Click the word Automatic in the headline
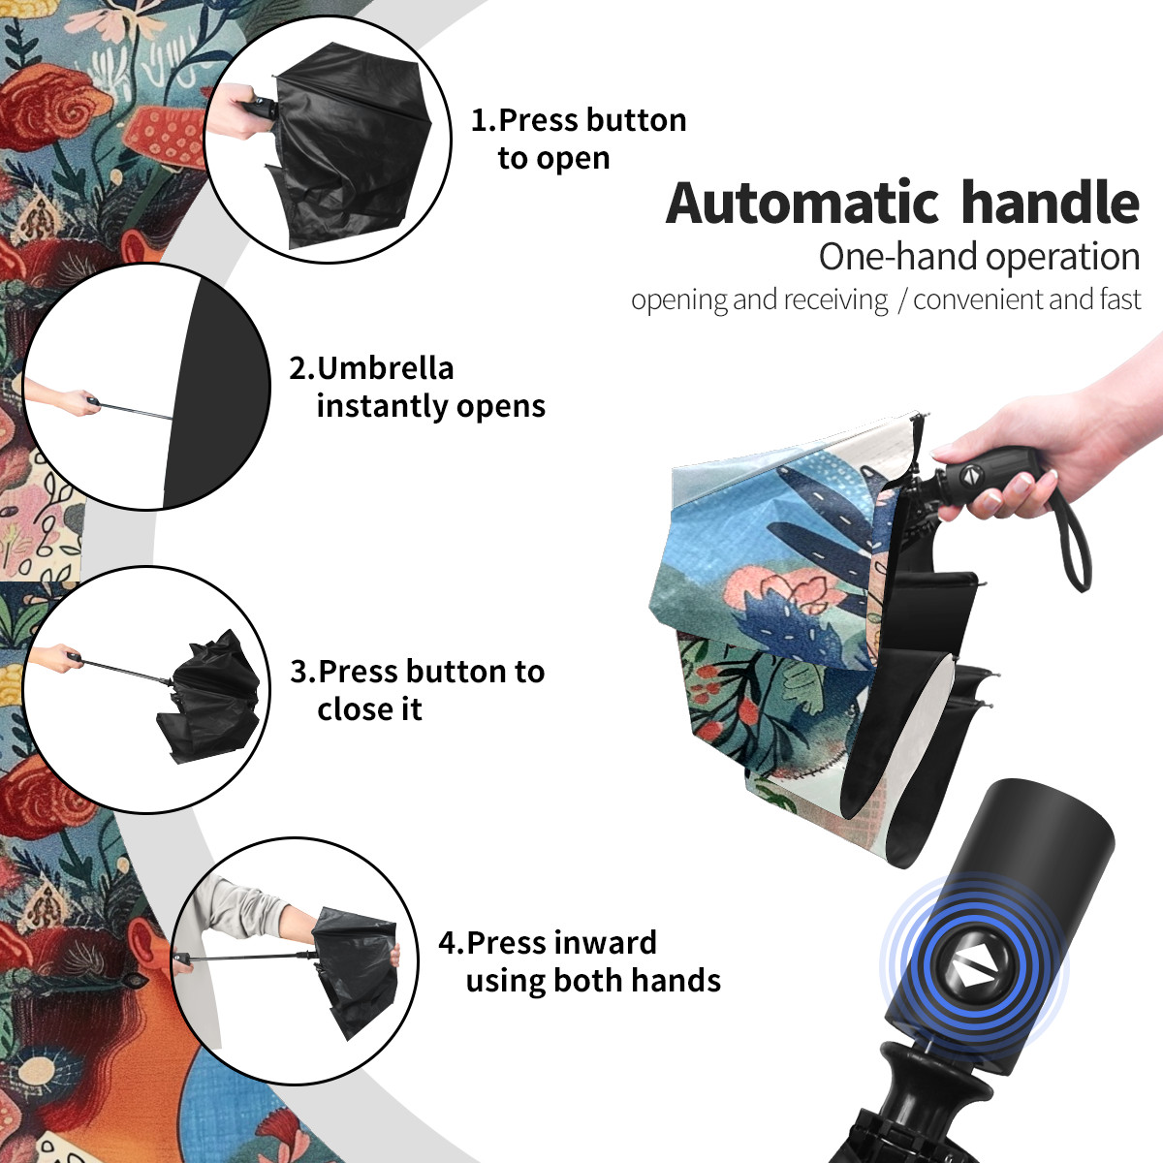[x=802, y=203]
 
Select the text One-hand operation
[x=979, y=257]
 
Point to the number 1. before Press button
[x=483, y=120]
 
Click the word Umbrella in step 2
[x=385, y=368]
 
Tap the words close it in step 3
[x=369, y=708]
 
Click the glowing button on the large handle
[x=973, y=970]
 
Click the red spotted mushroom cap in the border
[x=166, y=134]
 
